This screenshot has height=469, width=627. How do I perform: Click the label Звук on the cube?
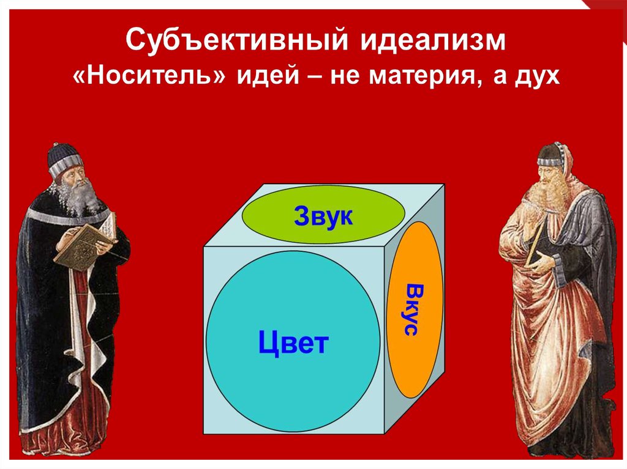(x=323, y=216)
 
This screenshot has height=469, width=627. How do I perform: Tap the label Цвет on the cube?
(x=293, y=342)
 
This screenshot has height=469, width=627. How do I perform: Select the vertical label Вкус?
(x=412, y=309)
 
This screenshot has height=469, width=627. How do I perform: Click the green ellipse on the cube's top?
(x=323, y=215)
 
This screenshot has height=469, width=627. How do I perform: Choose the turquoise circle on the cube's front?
(x=293, y=341)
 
